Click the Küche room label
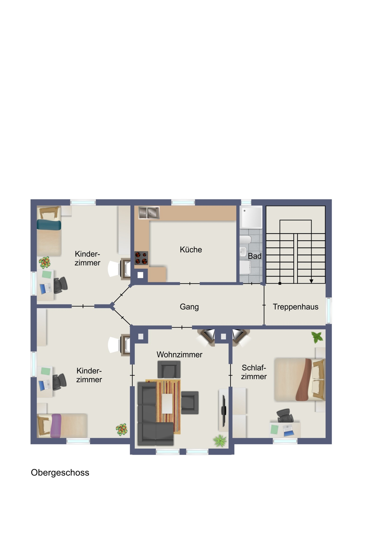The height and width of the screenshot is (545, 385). [191, 250]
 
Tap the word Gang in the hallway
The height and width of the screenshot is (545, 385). [189, 307]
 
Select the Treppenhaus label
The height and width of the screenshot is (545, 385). [295, 307]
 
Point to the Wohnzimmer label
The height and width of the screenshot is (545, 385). [179, 355]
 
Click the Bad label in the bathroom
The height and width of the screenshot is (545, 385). [254, 256]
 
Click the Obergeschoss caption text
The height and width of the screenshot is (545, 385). [60, 473]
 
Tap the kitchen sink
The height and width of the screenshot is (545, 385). [149, 213]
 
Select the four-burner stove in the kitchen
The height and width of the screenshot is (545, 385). [141, 258]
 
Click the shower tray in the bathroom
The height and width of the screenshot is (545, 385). [251, 217]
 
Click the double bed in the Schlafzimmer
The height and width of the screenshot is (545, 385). [299, 380]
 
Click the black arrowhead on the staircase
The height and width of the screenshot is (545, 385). [311, 281]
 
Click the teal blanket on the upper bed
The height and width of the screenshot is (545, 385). [49, 225]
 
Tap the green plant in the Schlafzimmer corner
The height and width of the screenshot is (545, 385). [317, 337]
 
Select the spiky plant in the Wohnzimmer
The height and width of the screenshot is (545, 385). [220, 441]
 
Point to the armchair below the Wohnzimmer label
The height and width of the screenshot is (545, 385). [169, 369]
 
